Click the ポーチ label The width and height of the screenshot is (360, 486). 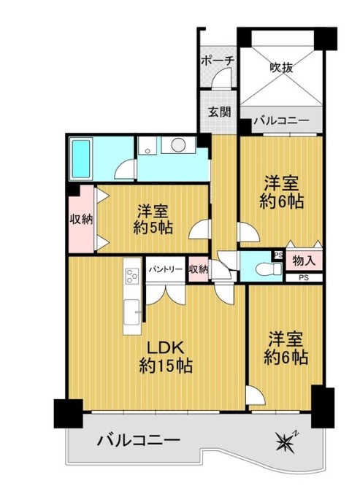217,60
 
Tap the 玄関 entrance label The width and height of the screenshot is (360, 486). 219,112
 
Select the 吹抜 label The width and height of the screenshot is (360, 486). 281,67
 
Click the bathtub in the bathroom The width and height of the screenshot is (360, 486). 82,159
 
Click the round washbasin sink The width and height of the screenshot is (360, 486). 178,144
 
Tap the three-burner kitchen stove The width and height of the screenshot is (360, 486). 131,275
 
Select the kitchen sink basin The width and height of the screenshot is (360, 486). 131,312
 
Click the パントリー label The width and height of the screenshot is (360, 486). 164,269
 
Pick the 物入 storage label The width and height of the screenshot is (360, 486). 304,261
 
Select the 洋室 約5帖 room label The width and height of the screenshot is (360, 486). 153,220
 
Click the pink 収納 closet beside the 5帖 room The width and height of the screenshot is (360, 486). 81,220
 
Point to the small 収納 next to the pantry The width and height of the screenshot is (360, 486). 198,270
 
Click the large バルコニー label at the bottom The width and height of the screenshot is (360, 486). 139,440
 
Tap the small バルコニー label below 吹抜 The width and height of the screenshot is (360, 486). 282,120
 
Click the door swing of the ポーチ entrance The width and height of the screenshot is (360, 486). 222,79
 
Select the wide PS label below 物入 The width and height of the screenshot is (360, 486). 304,278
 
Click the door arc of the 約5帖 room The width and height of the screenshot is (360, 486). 200,229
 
